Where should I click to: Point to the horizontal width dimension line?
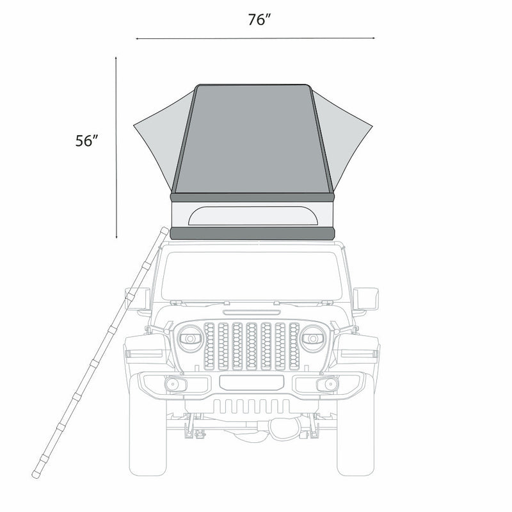coord(256,38)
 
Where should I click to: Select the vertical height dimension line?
coord(116,147)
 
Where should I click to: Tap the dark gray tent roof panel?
coord(253,138)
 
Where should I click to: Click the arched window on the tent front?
coord(253,216)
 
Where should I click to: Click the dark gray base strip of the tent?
coord(253,233)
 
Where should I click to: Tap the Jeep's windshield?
coord(253,275)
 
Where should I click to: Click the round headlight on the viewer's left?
coord(191,337)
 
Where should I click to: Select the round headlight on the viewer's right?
coord(314,337)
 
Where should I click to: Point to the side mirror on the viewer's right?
coord(367,298)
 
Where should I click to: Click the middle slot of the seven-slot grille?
coord(252,346)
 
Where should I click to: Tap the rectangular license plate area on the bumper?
coord(251,383)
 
